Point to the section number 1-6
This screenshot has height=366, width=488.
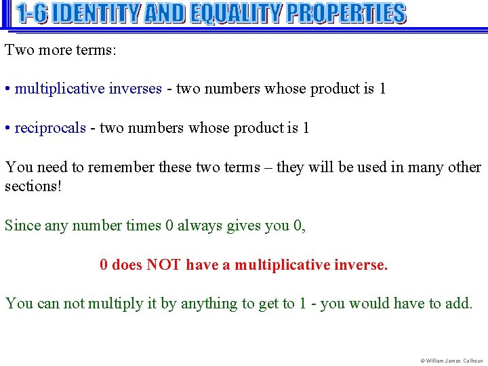32,13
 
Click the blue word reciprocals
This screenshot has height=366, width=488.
50,128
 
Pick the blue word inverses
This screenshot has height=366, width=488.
135,89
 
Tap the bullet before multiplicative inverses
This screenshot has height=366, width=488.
7,89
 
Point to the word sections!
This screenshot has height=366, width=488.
33,186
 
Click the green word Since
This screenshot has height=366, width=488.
22,225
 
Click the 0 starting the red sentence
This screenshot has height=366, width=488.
104,264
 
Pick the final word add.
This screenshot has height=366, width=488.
458,304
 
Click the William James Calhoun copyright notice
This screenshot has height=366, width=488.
451,361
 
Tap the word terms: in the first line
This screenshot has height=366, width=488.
96,49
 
